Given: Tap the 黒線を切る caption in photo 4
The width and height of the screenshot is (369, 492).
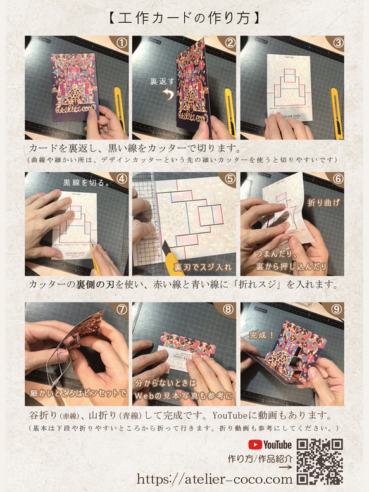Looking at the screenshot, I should tap(83, 182).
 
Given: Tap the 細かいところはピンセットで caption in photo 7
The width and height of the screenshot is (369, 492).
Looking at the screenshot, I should tap(77, 393).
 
